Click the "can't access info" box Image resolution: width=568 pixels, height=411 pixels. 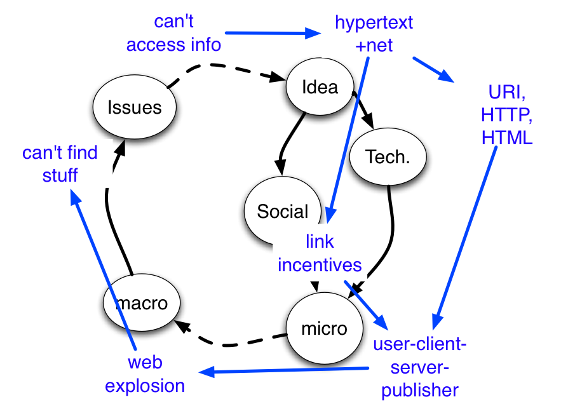[x=173, y=32]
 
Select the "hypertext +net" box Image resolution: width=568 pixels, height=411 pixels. [x=374, y=33]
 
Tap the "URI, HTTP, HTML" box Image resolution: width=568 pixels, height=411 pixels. [x=506, y=114]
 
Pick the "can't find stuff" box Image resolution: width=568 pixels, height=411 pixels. [x=60, y=163]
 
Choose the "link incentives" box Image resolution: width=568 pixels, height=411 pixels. [x=320, y=253]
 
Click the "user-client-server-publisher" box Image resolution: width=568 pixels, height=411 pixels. [x=420, y=367]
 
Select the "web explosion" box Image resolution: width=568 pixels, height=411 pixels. [x=145, y=374]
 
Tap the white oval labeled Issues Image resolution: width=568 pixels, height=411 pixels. [x=135, y=107]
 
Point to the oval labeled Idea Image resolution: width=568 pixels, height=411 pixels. [x=320, y=87]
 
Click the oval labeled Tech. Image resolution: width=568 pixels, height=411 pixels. [x=388, y=157]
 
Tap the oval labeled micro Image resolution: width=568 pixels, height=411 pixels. [x=324, y=328]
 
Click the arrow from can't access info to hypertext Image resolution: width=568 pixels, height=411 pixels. [x=273, y=33]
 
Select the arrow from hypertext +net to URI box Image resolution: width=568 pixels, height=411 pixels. [x=433, y=70]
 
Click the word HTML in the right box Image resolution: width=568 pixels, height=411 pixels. [x=506, y=137]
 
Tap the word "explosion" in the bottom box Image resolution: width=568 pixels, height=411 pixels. [x=145, y=385]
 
